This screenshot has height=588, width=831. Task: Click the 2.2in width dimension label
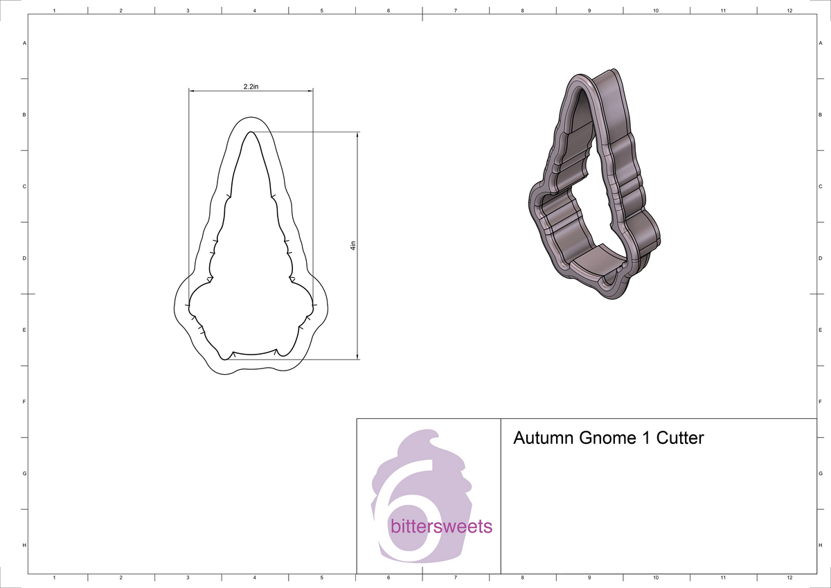click(251, 86)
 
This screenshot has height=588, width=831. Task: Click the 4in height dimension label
click(353, 245)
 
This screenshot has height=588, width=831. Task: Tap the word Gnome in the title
click(605, 438)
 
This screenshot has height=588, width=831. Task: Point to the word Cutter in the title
click(680, 438)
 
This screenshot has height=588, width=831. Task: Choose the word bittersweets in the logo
click(441, 526)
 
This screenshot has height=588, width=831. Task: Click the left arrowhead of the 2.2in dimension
click(192, 91)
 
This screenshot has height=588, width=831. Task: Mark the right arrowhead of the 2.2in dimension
click(310, 91)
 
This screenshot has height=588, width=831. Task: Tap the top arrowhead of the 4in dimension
click(357, 134)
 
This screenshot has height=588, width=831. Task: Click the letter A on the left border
click(25, 43)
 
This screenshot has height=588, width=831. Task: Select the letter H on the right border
click(820, 546)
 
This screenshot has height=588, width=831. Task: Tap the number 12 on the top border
click(789, 10)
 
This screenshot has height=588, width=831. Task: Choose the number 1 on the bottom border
click(54, 577)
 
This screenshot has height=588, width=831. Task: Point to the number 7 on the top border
click(455, 10)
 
